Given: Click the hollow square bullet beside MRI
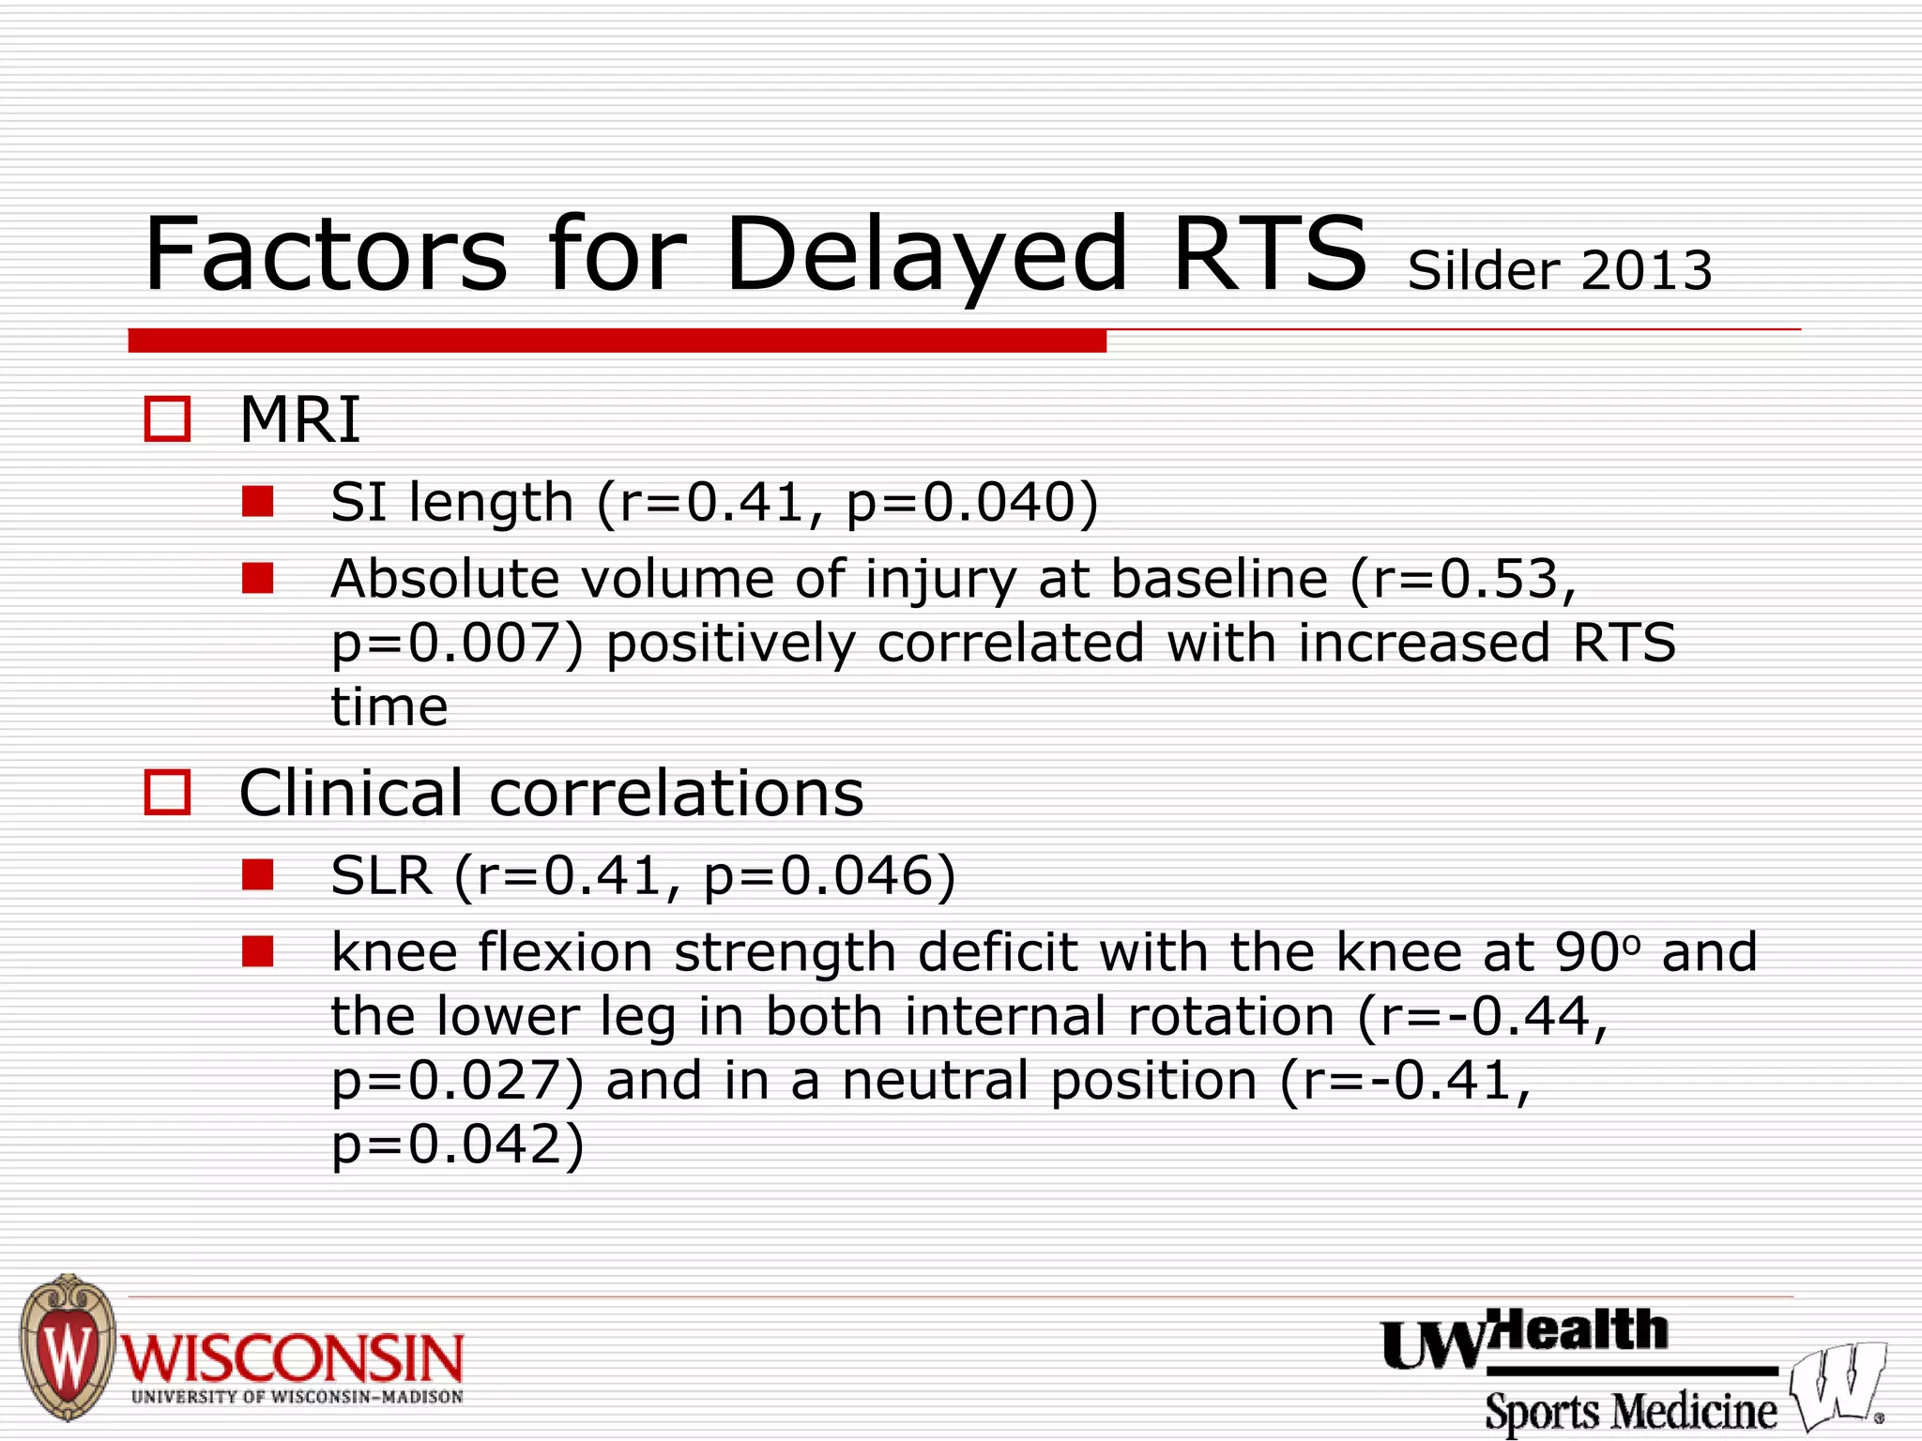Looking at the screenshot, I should pos(167,418).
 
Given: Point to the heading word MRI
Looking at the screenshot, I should pos(299,419).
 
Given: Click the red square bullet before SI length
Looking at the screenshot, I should pos(257,501).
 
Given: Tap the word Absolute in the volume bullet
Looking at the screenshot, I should pos(445,578).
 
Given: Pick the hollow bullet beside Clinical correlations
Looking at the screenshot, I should pos(167,793).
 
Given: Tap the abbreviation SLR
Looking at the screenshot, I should pos(381,876).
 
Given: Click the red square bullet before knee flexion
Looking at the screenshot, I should pos(257,951).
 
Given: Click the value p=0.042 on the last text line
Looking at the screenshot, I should pos(457,1145).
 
